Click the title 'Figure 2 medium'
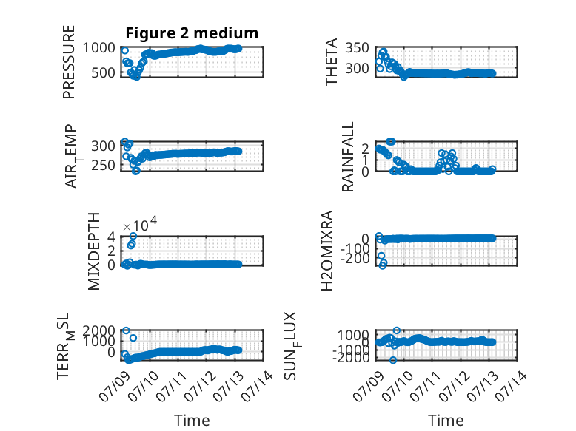[192, 33]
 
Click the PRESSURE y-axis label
[69, 62]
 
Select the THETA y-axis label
[332, 62]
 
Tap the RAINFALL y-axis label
[347, 157]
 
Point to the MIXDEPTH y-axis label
[94, 251]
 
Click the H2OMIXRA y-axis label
[327, 251]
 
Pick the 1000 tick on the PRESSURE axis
[98, 48]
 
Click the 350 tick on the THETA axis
[357, 48]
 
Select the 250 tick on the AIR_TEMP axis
[103, 166]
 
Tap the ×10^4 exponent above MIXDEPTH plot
[140, 224]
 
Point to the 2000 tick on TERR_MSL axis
[98, 330]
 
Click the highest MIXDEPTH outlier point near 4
[133, 236]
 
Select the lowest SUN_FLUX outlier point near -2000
[393, 360]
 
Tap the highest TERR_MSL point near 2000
[126, 330]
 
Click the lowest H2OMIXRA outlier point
[383, 265]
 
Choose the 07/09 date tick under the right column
[369, 386]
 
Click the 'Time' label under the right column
[446, 420]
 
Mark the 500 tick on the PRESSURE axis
[103, 72]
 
